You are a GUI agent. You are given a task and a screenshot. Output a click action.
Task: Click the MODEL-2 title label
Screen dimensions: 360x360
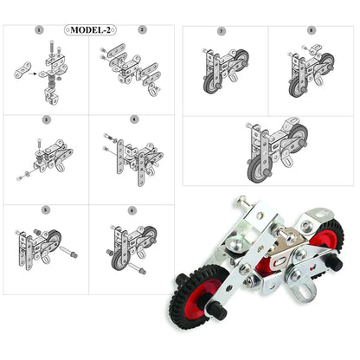coord(90,29)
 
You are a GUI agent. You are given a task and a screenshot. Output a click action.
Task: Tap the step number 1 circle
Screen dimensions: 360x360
coord(39,29)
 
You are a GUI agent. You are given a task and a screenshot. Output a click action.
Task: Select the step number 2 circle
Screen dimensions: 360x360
coord(142,29)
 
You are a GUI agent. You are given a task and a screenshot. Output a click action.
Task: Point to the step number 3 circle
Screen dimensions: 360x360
coord(46,119)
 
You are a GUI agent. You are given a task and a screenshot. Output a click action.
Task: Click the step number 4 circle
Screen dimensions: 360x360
coord(134,119)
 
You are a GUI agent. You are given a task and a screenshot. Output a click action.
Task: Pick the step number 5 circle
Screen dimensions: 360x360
coord(46,209)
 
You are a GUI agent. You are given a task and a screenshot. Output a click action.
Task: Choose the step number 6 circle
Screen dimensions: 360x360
coord(132,211)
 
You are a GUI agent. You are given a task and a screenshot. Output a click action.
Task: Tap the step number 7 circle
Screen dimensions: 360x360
coord(222,31)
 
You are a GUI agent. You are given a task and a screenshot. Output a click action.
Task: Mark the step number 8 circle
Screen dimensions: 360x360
coord(311,30)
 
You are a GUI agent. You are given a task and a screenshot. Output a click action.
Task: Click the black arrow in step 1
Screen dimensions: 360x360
coord(32,74)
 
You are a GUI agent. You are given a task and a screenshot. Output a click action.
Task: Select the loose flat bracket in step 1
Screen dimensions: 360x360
coord(22,70)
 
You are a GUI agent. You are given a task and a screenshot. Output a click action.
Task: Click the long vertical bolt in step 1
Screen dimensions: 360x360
coord(52,48)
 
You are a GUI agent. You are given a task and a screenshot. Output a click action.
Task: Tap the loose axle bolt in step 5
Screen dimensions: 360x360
coord(69,252)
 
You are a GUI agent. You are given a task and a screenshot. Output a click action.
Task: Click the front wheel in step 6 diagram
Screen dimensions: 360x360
coord(119,260)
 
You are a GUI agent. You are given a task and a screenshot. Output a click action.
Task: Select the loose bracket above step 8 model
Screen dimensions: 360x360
coord(315,49)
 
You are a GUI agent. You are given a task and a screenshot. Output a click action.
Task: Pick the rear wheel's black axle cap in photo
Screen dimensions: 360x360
coord(336,262)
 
